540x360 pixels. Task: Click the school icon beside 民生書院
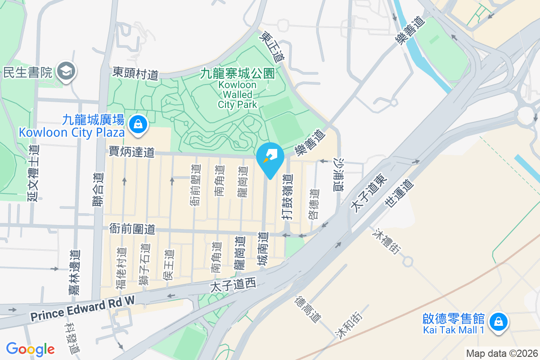(67, 71)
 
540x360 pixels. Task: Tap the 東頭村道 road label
(135, 73)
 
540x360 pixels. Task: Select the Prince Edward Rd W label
(83, 308)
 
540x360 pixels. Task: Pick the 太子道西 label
(233, 285)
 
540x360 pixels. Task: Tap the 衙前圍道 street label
(132, 229)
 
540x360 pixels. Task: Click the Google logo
(30, 349)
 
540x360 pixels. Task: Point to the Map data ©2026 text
(502, 353)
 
